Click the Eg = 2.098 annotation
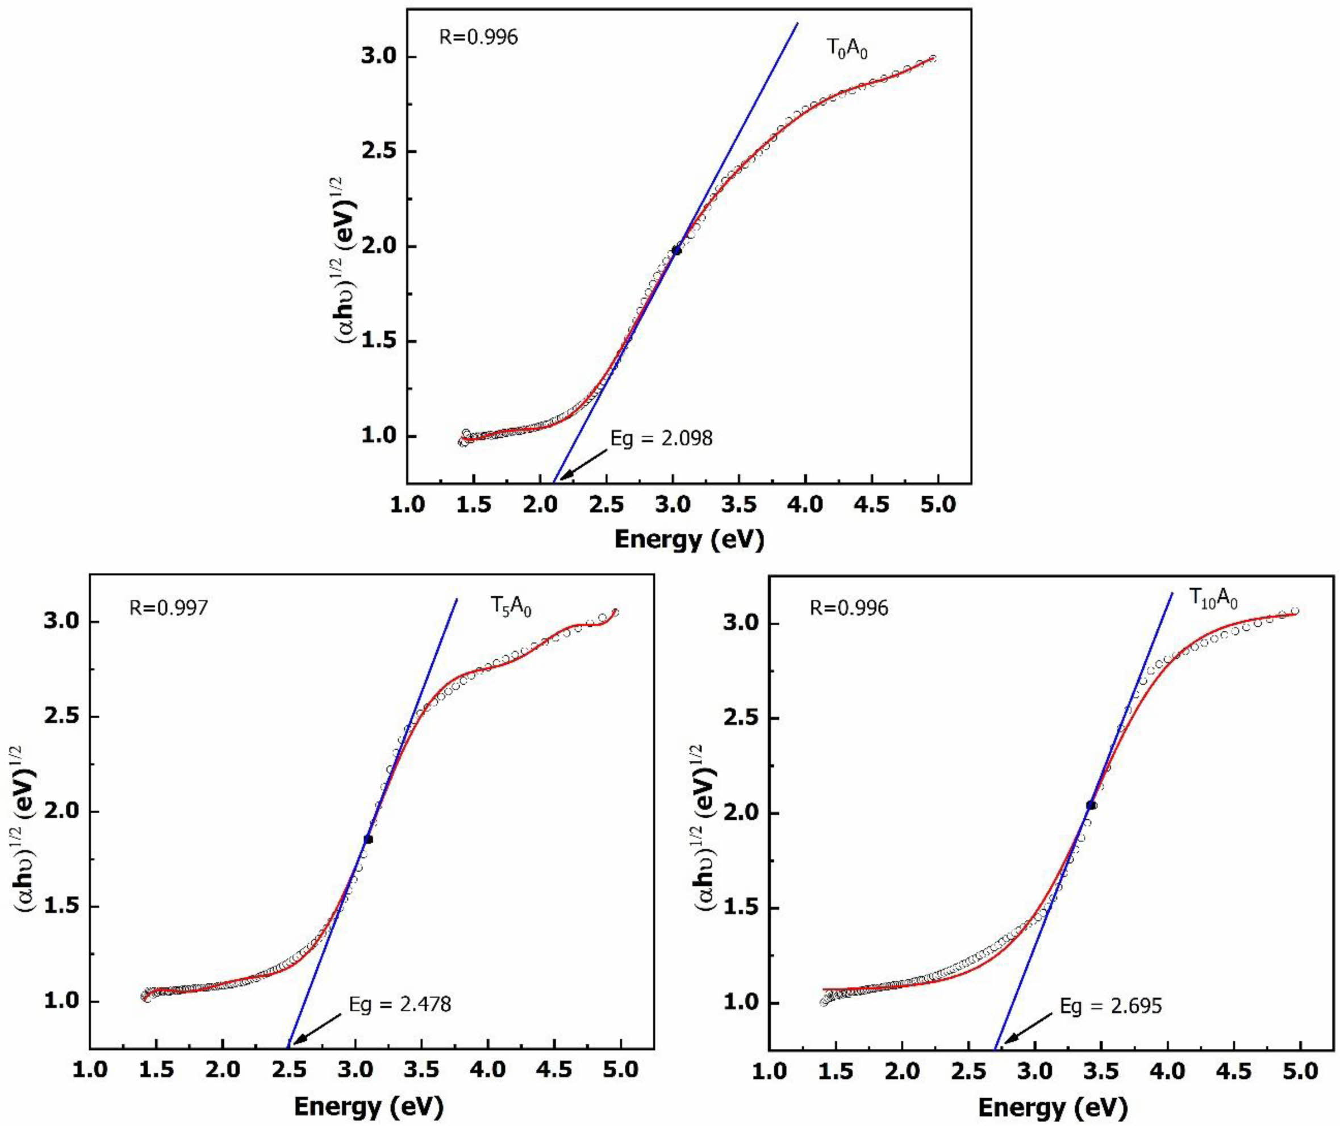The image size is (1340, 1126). (x=661, y=438)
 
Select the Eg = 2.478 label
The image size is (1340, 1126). (x=400, y=1004)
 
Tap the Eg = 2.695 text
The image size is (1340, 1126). (x=1111, y=1006)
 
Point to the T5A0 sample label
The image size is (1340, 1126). (x=511, y=607)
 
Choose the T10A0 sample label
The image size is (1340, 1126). (x=1213, y=598)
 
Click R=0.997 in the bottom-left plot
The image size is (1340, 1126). (x=169, y=607)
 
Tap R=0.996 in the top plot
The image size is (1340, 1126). (x=478, y=37)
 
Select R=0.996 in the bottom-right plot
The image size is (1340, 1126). (x=849, y=608)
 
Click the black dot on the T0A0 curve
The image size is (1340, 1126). (x=677, y=251)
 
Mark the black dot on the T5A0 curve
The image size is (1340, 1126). (x=368, y=839)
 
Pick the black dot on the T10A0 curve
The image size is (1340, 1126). (x=1091, y=806)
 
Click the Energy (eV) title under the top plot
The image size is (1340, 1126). (x=689, y=540)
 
